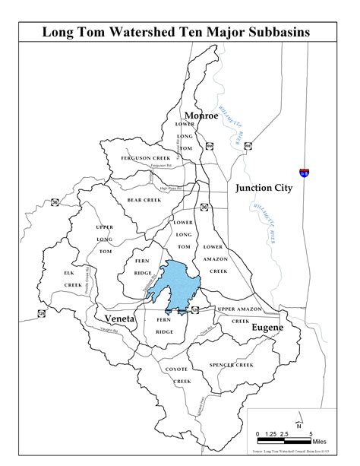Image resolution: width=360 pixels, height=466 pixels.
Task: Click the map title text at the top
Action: pyautogui.click(x=180, y=33)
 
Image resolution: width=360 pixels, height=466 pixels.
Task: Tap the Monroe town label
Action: pyautogui.click(x=201, y=116)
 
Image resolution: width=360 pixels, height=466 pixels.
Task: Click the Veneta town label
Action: pyautogui.click(x=120, y=319)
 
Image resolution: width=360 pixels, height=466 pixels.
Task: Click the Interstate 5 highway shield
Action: pyautogui.click(x=305, y=174)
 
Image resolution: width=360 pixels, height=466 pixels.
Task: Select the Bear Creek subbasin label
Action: pyautogui.click(x=144, y=200)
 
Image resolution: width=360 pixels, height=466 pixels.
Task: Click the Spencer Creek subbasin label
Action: pyautogui.click(x=232, y=365)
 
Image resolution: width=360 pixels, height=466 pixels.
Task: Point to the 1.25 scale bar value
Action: pyautogui.click(x=269, y=433)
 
